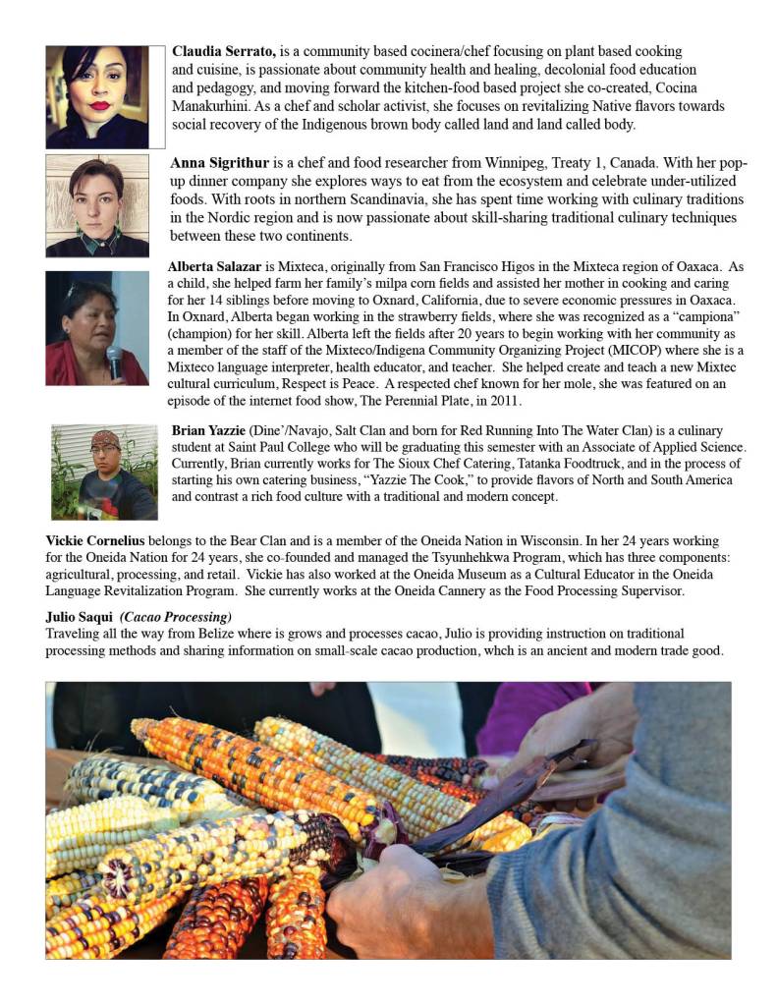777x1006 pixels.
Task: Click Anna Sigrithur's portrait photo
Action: coord(97,204)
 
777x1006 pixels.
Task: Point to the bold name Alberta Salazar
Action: coord(214,266)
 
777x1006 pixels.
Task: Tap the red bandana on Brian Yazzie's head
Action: coord(104,435)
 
